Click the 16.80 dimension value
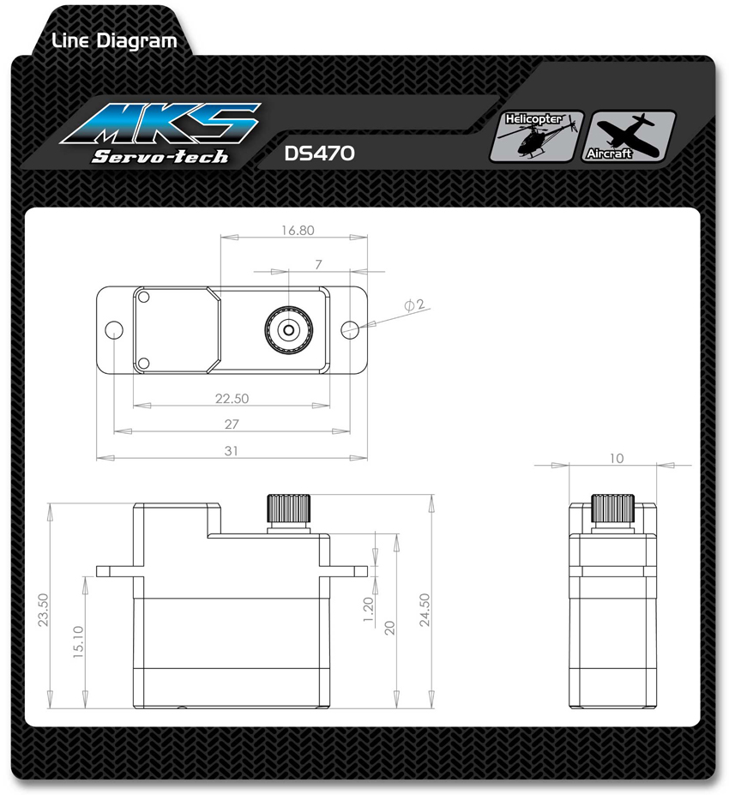tap(298, 230)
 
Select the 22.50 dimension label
tap(232, 399)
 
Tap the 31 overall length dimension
tap(232, 451)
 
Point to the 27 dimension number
tap(232, 425)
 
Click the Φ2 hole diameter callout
tap(414, 304)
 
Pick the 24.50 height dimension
tap(425, 610)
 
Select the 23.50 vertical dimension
tap(43, 610)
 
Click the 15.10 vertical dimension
tap(78, 641)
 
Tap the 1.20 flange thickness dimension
tap(368, 610)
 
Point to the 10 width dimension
tap(617, 458)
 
